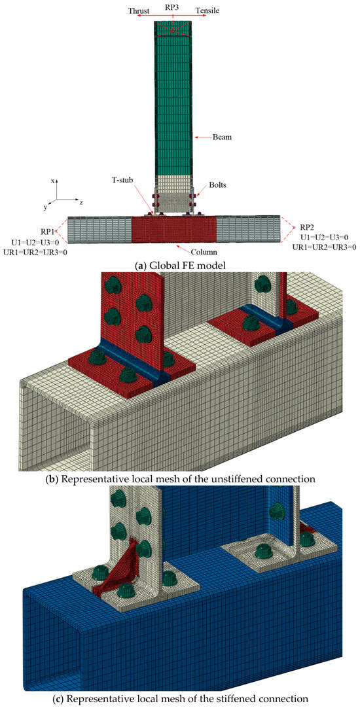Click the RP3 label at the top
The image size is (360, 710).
tap(173, 7)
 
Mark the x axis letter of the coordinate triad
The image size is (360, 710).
tap(53, 180)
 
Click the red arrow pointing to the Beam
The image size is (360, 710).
tap(203, 137)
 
